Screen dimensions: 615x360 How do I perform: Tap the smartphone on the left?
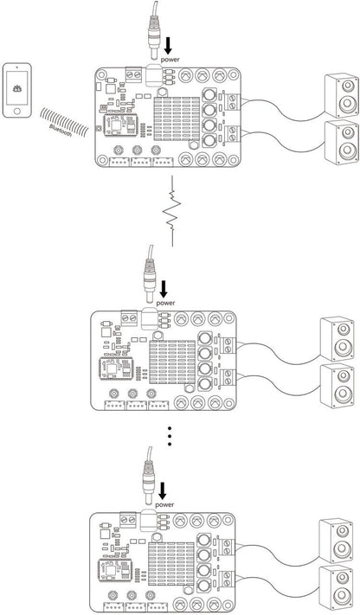18,90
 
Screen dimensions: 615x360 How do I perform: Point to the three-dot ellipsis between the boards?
170,438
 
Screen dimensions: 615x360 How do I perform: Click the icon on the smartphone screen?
18,89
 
